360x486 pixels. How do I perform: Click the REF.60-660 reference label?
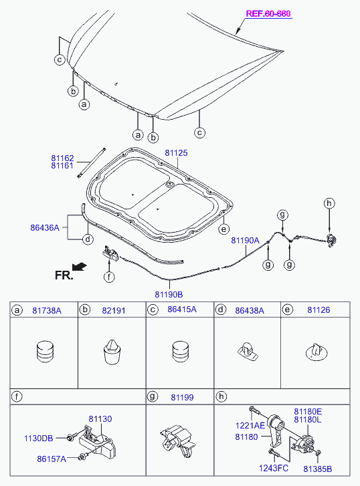[x=268, y=13]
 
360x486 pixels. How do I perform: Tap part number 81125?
[x=176, y=153]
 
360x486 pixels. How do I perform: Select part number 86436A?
[x=45, y=227]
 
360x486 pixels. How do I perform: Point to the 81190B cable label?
[x=169, y=294]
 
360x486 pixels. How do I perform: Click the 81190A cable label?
[x=245, y=240]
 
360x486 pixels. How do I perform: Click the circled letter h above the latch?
[x=329, y=203]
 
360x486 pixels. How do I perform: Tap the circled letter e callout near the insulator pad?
[x=223, y=229]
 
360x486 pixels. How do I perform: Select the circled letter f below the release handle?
[x=109, y=277]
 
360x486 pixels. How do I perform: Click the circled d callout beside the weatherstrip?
[x=88, y=239]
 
